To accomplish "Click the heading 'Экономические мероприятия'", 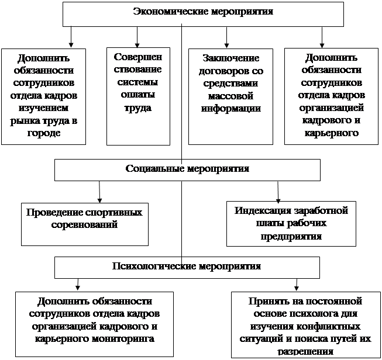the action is tap(203, 12).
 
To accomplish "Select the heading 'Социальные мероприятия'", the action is tap(187, 168).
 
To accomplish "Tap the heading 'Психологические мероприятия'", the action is tap(187, 266).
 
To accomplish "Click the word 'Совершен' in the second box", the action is tap(138, 57).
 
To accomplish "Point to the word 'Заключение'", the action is tap(231, 58).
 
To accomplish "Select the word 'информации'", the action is tap(231, 108).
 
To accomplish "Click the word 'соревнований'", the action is tap(84, 224).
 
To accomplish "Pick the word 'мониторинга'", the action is tap(124, 338).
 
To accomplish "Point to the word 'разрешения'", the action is tap(305, 351).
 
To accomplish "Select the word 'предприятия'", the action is tap(291, 236).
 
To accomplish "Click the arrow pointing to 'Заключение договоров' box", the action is tap(226, 37).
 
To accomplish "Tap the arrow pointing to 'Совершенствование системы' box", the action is tap(137, 37).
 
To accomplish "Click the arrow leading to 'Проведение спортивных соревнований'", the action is tap(99, 192).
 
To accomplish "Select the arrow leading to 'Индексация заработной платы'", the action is tap(278, 192).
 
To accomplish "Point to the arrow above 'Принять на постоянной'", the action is tap(297, 285).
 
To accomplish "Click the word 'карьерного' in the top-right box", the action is tap(332, 133).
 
